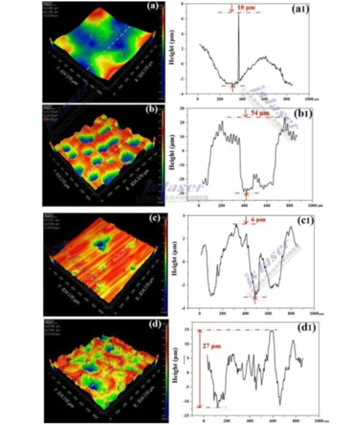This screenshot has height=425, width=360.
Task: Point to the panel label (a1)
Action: (x=299, y=9)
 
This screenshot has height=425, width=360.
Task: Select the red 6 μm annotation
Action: (x=258, y=220)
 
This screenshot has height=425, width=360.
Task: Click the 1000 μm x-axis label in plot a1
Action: (x=311, y=99)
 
